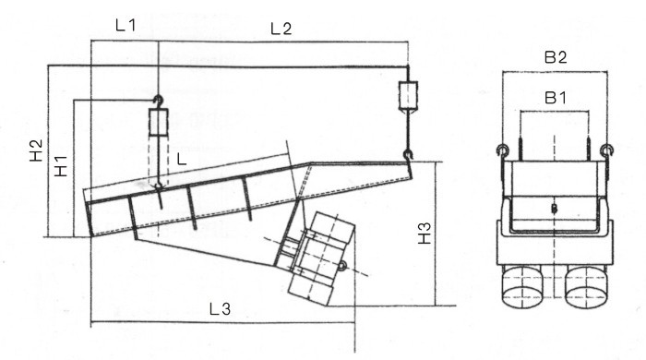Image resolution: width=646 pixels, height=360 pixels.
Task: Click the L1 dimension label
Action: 126,26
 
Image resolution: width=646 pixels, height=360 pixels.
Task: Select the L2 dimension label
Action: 281,29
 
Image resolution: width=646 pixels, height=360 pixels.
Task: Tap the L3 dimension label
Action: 220,309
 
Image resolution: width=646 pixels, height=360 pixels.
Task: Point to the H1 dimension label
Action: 61,166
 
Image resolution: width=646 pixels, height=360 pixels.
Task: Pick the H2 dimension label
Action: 36,150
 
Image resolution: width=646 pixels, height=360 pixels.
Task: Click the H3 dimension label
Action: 425,234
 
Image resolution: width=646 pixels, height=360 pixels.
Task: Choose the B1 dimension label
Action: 556,98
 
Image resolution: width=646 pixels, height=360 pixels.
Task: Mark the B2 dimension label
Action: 556,57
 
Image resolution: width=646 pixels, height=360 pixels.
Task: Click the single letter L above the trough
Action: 181,159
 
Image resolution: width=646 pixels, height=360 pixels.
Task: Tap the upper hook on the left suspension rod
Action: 158,101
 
